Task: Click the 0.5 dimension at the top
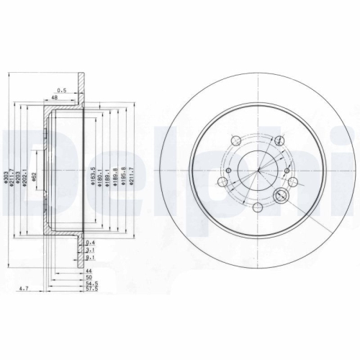62,90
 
